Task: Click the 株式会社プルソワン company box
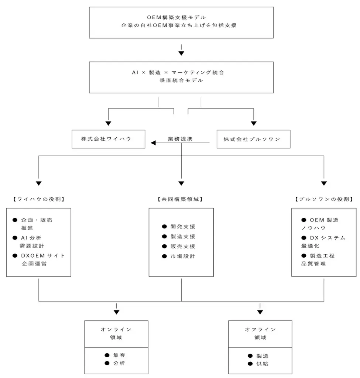pyautogui.click(x=253, y=139)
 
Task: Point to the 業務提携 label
pyautogui.click(x=180, y=139)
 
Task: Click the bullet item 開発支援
pyautogui.click(x=183, y=227)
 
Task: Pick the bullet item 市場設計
pyautogui.click(x=183, y=256)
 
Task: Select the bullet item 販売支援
pyautogui.click(x=183, y=246)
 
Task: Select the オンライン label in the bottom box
pyautogui.click(x=116, y=329)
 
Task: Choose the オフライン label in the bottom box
pyautogui.click(x=260, y=329)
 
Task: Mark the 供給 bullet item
pyautogui.click(x=263, y=364)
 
